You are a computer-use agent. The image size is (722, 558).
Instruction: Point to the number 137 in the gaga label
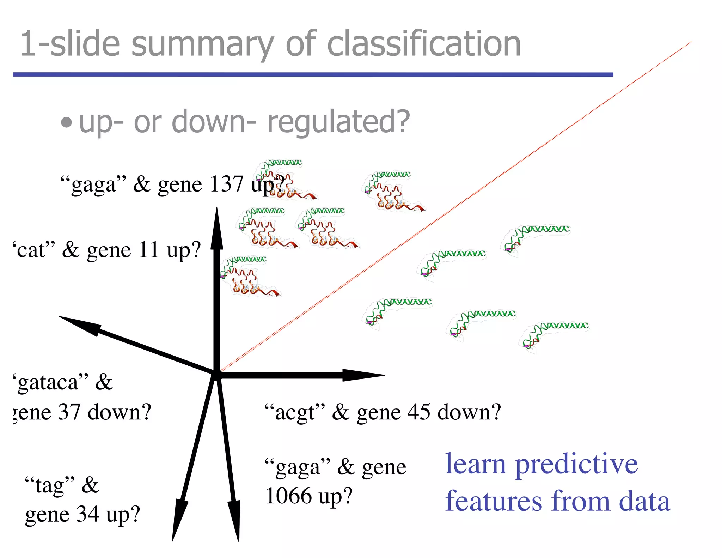[226, 184]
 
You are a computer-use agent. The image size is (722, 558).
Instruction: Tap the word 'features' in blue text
[493, 501]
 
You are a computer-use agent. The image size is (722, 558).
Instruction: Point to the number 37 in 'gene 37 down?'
[69, 412]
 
